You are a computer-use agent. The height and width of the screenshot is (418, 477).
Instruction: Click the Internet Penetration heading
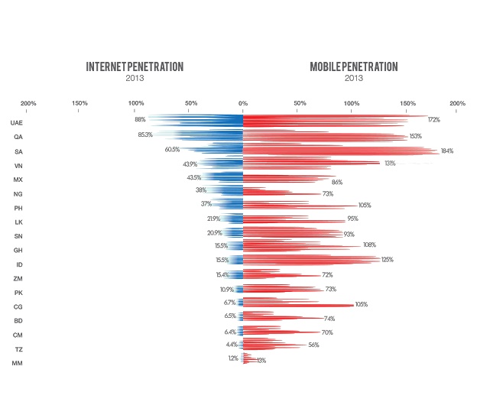[x=135, y=66]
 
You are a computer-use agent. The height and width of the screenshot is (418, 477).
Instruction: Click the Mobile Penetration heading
[x=353, y=66]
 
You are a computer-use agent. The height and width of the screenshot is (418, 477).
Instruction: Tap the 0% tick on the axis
[x=243, y=103]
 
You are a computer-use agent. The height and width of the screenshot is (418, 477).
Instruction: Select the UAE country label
[x=17, y=122]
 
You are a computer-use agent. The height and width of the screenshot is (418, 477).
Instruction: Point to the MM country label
[x=17, y=363]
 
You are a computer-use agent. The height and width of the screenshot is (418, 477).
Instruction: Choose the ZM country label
[x=18, y=278]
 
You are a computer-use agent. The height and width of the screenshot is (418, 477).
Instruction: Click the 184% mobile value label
[x=447, y=151]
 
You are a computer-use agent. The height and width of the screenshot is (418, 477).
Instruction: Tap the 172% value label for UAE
[x=434, y=120]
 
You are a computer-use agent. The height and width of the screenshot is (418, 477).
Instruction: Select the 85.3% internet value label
[x=145, y=135]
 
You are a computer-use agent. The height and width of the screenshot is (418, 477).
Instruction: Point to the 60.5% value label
[x=172, y=150]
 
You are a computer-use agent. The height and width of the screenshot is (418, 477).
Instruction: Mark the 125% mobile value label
[x=388, y=260]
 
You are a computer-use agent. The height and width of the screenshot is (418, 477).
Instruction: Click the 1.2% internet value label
[x=233, y=358]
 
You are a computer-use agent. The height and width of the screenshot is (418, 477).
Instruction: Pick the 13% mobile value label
[x=261, y=360]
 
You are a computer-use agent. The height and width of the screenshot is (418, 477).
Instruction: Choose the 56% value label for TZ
[x=314, y=345]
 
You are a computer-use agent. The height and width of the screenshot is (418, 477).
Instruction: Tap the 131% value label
[x=390, y=164]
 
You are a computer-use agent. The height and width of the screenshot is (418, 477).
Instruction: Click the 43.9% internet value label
[x=190, y=164]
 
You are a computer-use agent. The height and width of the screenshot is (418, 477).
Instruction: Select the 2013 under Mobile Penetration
[x=353, y=79]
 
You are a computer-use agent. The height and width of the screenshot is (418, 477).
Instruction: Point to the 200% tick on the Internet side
[x=28, y=103]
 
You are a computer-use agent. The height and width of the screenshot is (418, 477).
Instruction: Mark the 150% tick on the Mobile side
[x=407, y=103]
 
